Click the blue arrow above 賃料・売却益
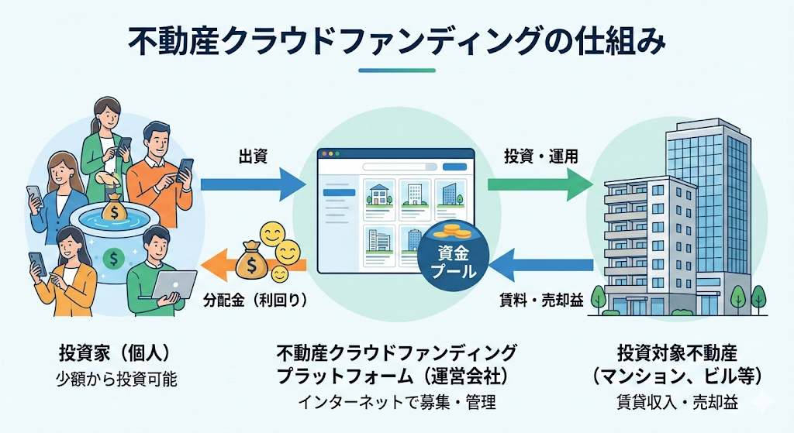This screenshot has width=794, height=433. click(x=543, y=266)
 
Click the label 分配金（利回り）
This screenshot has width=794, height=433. click(x=254, y=299)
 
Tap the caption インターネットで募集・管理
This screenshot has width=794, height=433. click(x=396, y=403)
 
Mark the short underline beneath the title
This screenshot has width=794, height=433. click(x=396, y=70)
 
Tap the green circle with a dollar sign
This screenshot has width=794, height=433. click(x=114, y=256)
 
